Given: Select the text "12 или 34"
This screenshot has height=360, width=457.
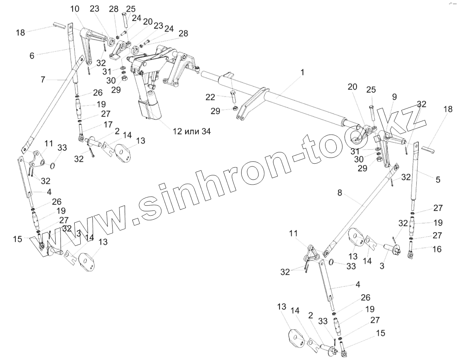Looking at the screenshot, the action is [x=192, y=131].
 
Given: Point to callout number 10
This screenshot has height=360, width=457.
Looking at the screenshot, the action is [x=75, y=8].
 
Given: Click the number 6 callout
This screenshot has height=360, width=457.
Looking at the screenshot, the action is [x=32, y=56].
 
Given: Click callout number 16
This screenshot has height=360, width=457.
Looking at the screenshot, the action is [x=437, y=249].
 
